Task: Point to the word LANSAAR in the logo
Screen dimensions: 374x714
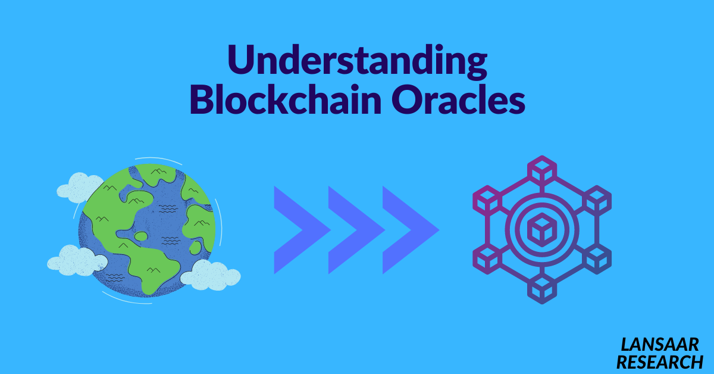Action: [x=660, y=344]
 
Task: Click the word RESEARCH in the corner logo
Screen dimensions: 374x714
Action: [x=659, y=361]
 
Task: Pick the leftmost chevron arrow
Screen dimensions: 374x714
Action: [x=300, y=230]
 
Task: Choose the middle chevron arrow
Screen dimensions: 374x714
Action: [x=355, y=230]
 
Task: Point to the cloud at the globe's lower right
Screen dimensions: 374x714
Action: [x=210, y=276]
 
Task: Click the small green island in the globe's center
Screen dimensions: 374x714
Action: [x=141, y=236]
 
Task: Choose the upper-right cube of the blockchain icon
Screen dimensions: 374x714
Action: [x=596, y=200]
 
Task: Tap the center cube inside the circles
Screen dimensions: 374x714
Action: [x=541, y=229]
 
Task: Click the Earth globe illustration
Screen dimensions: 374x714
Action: [x=146, y=229]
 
